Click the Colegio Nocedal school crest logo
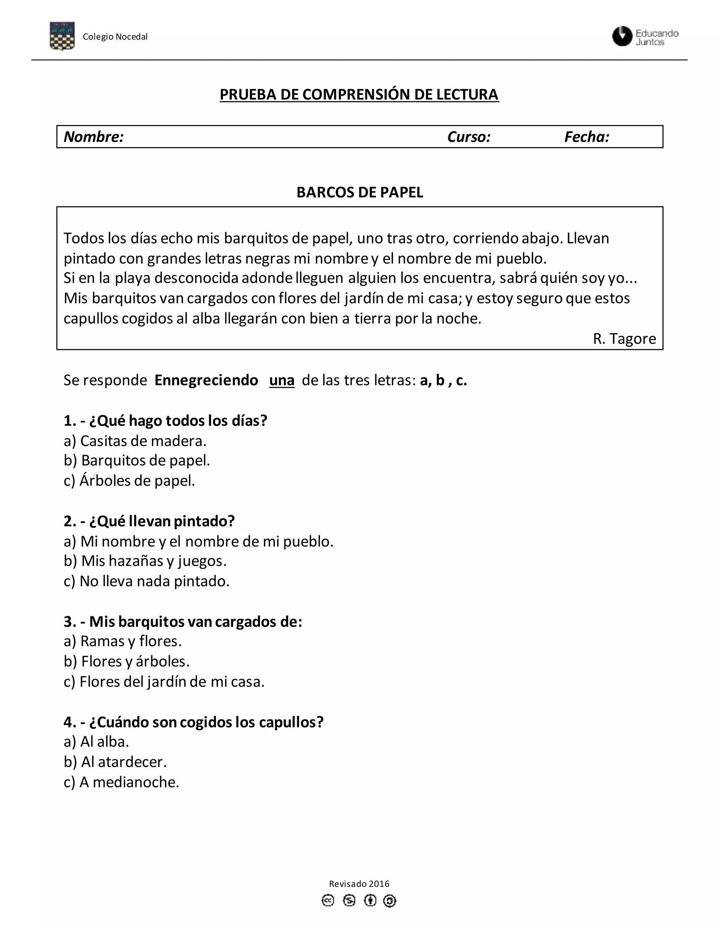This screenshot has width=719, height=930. pos(62,36)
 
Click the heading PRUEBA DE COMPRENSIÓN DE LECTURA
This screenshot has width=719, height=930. pos(359,94)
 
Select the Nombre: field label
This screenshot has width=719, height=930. pos(94,137)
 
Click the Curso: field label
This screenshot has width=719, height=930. pos(469,137)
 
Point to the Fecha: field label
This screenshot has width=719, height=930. pos(587,137)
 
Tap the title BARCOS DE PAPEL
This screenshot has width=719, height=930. pos(359,192)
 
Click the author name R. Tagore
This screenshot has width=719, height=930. pos(624,339)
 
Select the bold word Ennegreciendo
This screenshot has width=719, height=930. pos(206,380)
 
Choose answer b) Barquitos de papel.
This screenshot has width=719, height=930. pos(137,460)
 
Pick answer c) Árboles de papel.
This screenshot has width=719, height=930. pos(129,480)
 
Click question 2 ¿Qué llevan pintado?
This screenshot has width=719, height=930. pos(149,521)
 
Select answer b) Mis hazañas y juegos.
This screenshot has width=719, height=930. pos(145,561)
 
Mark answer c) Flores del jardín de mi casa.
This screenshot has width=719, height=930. pos(164,681)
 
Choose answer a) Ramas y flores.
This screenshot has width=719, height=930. pos(123,641)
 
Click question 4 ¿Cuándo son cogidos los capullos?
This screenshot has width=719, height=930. pos(193,722)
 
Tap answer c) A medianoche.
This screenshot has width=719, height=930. pos(121,782)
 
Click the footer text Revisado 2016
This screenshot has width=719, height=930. pos(359,884)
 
